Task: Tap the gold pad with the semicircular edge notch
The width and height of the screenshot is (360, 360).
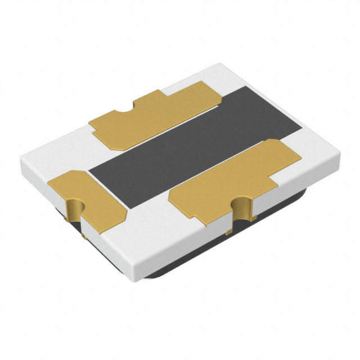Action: [152, 115]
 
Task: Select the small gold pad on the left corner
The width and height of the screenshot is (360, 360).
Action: [90, 197]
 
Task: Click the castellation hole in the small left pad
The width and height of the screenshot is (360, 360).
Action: [75, 209]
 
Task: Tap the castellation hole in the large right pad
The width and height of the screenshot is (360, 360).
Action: [241, 207]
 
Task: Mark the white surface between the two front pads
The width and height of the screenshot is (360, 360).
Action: [149, 225]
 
